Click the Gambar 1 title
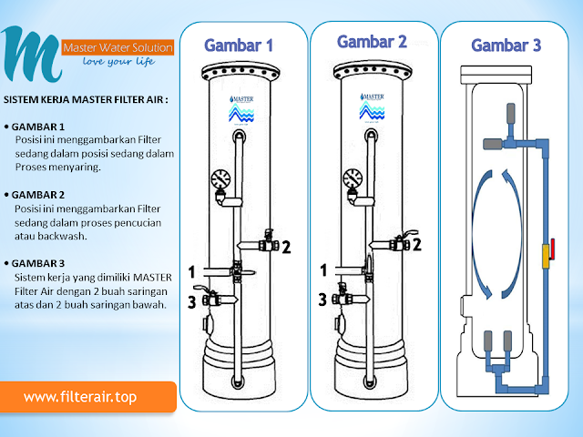point(239,45)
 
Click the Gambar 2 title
point(371,42)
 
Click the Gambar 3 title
point(506,45)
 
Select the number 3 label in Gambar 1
point(191,301)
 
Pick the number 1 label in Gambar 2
point(322,270)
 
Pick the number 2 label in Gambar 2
point(416,244)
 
